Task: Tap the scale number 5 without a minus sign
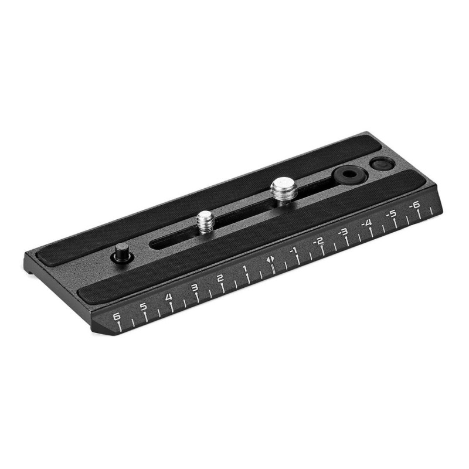point(143,307)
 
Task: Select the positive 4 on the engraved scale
point(169,297)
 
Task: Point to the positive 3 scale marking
point(194,287)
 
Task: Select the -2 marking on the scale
point(318,240)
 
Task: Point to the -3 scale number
point(343,232)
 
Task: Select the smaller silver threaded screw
point(205,222)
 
